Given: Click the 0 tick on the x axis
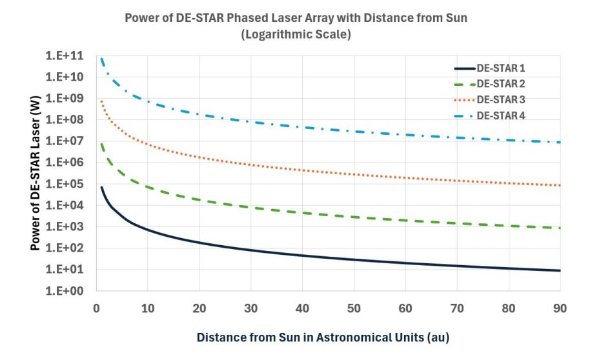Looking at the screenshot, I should tap(96, 308).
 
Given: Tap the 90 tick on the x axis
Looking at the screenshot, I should tap(560, 308).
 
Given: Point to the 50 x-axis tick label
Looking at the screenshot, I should tap(354, 308).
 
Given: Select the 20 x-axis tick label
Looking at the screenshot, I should tap(199, 308).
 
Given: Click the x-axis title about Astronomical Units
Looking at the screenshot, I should tap(323, 337).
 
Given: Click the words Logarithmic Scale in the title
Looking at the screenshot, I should tap(296, 34).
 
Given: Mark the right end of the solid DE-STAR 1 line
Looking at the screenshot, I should tap(560, 270).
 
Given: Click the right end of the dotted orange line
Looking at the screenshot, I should tap(560, 185).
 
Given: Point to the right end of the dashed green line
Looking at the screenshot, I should tap(560, 228).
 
